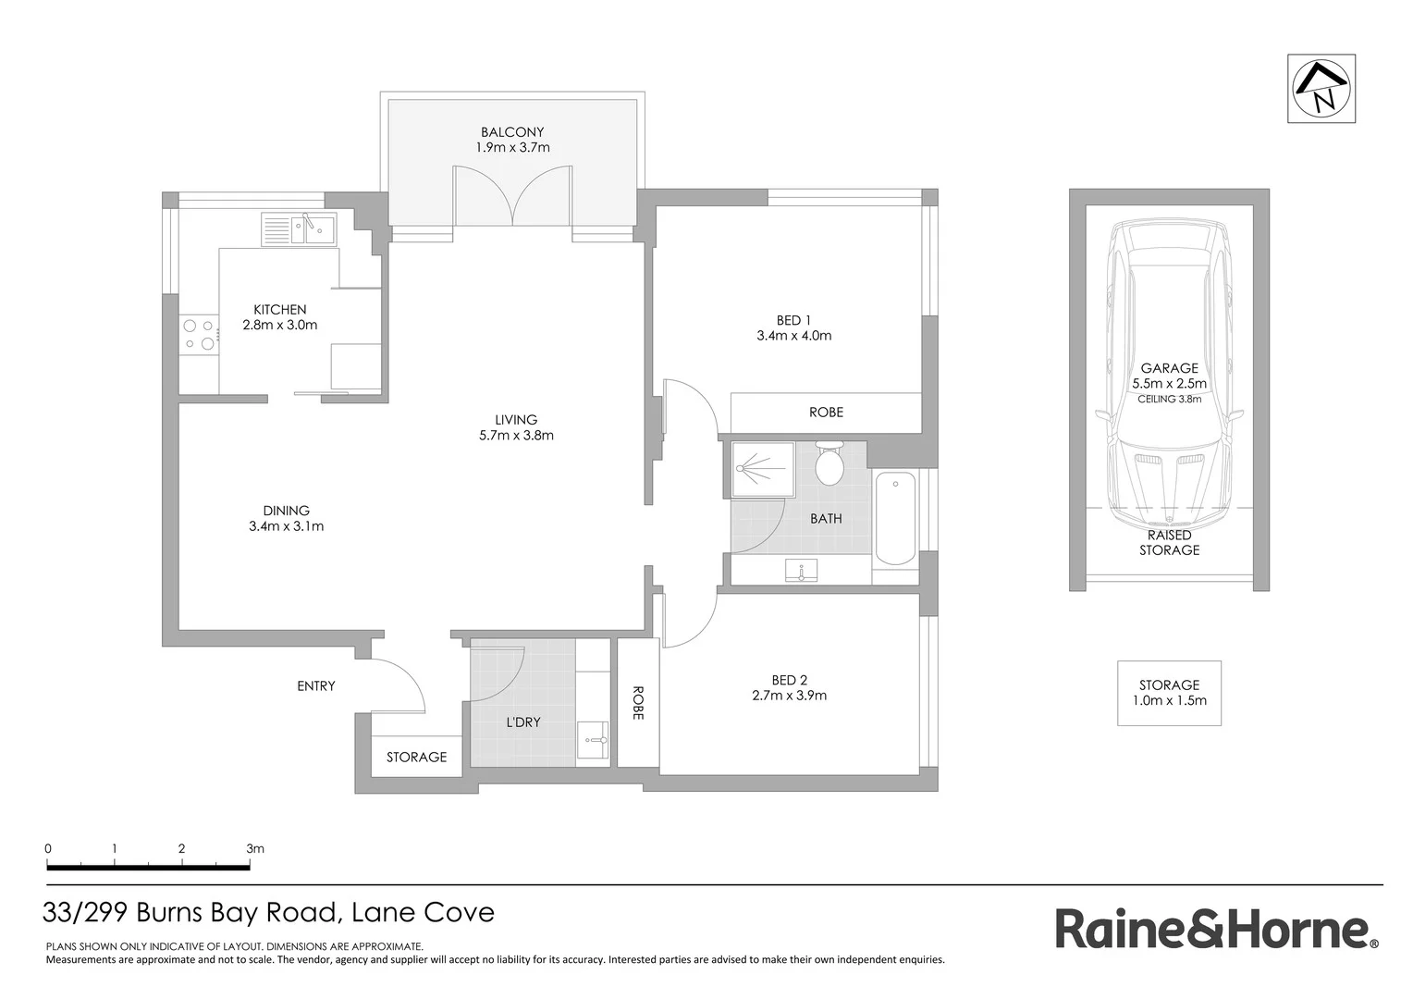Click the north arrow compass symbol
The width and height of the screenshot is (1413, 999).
[1321, 89]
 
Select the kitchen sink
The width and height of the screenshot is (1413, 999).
[300, 228]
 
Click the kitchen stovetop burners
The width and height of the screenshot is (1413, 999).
[199, 335]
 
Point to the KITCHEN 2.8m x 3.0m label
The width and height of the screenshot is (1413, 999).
[279, 317]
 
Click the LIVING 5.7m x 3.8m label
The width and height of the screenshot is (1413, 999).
[516, 427]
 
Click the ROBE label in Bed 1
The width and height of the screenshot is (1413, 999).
[826, 413]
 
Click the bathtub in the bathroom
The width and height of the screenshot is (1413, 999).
[894, 519]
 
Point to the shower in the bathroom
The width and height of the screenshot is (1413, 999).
[762, 468]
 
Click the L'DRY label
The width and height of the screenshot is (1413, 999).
[522, 721]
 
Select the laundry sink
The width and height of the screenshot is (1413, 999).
[593, 741]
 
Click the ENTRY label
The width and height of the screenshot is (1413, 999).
[316, 686]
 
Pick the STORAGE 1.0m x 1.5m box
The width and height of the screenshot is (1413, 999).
[1169, 693]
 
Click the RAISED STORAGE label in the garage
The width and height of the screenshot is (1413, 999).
[1169, 542]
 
